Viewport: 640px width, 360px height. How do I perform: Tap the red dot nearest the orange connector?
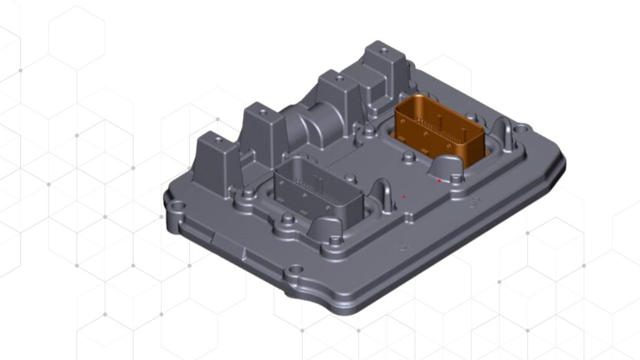click(x=439, y=181)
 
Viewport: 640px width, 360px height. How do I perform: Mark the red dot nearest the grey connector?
click(x=404, y=197)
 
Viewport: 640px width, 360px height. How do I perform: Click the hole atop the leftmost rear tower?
click(x=218, y=139)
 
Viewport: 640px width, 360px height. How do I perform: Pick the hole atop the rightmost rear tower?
click(x=384, y=51)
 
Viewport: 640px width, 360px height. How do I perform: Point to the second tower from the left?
click(x=262, y=133)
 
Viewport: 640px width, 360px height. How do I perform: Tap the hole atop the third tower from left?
click(x=339, y=79)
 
